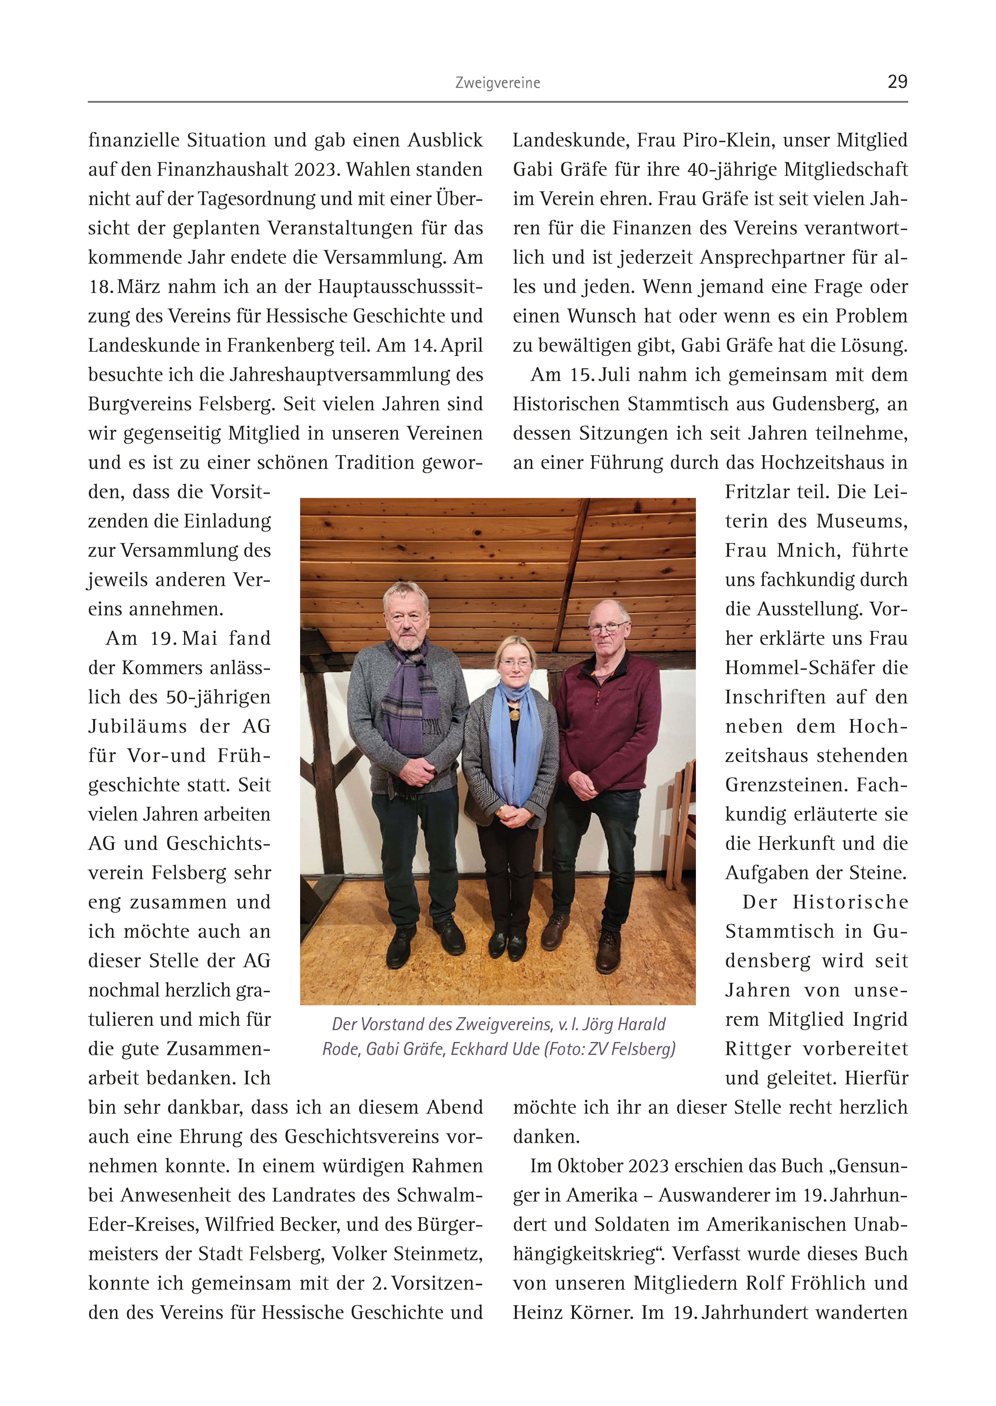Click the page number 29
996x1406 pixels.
point(897,82)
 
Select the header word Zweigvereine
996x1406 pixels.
point(497,83)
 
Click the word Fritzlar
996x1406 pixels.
point(756,492)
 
